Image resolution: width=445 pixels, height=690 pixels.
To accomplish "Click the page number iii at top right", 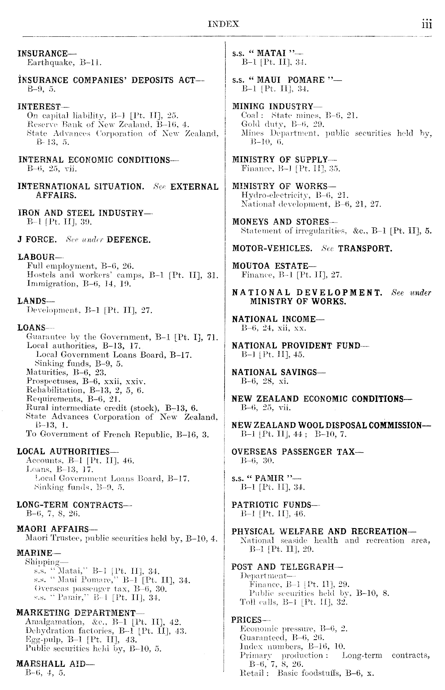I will pos(425,24).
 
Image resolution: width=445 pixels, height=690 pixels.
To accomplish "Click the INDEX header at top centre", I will pos(223,24).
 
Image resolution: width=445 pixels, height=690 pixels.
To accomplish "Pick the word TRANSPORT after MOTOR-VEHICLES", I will pos(365,249).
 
